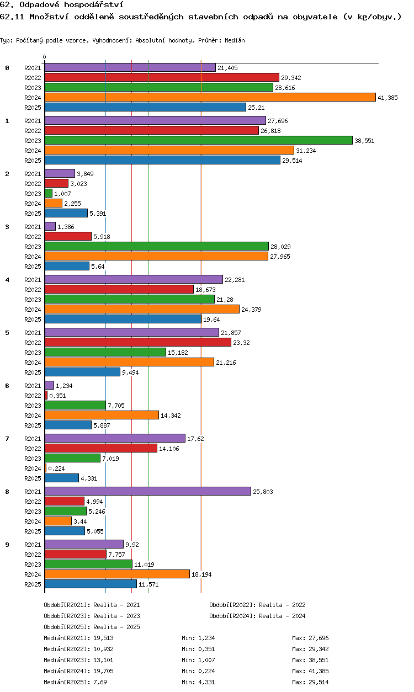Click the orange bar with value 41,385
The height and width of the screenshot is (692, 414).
210,97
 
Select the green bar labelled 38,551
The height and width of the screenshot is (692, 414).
199,140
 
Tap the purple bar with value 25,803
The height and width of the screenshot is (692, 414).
148,491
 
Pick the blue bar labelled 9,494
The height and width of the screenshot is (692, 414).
82,372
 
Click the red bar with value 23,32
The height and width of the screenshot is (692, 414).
138,342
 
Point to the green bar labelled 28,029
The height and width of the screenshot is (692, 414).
157,246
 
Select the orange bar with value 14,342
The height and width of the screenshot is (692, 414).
102,415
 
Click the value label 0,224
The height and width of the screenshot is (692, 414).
56,469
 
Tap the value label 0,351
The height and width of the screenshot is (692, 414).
57,396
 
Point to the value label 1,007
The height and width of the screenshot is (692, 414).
62,194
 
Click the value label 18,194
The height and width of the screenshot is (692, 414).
201,574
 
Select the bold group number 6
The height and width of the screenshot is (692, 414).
7,386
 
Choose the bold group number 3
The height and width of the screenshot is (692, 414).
7,227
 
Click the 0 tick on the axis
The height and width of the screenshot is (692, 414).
45,57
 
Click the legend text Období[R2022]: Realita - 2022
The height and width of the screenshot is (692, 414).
257,605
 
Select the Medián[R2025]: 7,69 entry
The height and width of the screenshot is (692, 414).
76,682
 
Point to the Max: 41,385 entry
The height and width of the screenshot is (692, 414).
310,671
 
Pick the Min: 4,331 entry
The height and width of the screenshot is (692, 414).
198,682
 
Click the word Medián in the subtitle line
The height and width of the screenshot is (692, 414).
235,40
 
